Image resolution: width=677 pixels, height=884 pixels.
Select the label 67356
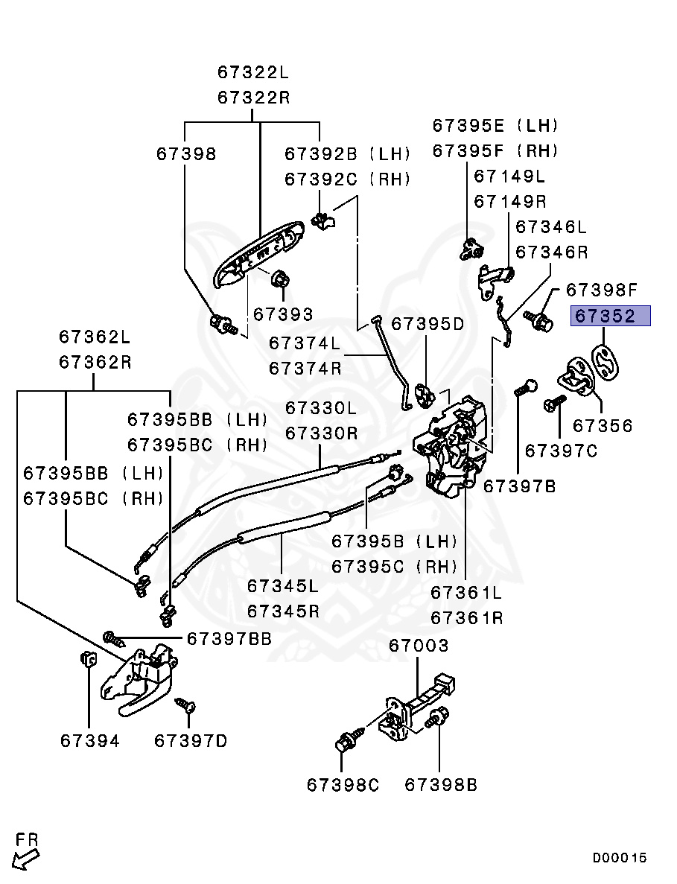point(602,426)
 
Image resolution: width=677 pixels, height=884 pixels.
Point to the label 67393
point(283,314)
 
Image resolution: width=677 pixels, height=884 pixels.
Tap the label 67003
point(419,646)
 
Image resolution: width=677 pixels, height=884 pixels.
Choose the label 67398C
point(343,784)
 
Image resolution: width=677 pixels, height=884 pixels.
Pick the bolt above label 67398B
point(436,717)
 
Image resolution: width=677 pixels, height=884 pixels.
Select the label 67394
point(89,741)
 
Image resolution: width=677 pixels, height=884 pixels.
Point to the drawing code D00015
point(620,858)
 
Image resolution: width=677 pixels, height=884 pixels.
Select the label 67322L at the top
point(252,72)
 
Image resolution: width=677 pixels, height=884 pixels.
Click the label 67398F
point(602,290)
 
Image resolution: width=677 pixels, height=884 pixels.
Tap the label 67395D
point(428,323)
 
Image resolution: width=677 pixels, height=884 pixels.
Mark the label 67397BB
point(229,638)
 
